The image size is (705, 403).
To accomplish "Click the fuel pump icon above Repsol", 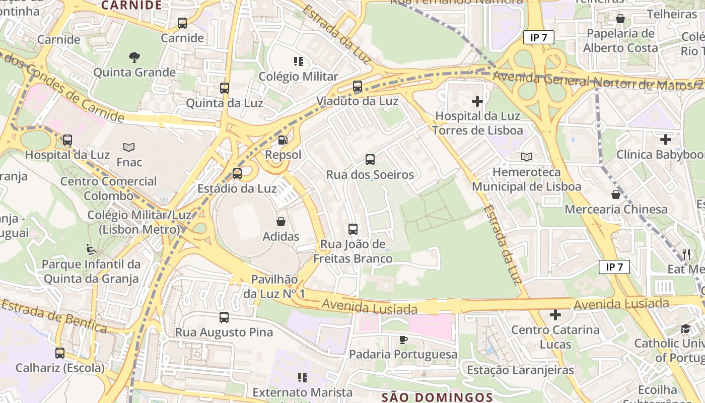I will point(283,140).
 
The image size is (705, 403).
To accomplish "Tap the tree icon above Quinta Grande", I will point(134,57).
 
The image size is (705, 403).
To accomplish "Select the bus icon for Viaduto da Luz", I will point(358,86).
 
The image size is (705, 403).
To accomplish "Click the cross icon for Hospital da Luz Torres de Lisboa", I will point(477,101).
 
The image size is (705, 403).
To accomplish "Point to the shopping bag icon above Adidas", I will point(281,222).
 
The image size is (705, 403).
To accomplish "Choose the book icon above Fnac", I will point(129,147).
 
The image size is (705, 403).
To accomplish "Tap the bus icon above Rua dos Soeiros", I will point(370,160).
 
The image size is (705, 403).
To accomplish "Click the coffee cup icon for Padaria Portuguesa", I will point(403,340).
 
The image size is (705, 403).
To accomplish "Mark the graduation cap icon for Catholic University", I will point(685,329).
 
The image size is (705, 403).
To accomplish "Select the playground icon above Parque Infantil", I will point(91,249).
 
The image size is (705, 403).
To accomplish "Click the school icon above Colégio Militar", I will point(299,61).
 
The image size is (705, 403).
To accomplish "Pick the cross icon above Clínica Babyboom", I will point(666,139).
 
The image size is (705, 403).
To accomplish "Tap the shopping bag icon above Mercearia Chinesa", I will point(615,194).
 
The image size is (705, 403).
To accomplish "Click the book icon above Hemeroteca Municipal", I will point(527,157).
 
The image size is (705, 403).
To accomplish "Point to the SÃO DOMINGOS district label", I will point(437,397).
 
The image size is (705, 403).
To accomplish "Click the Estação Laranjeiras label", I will point(520,370).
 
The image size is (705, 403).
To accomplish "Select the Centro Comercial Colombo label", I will point(108,188).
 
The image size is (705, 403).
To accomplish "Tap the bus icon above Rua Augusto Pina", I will point(224,317).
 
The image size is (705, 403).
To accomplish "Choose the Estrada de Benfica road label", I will point(53,316).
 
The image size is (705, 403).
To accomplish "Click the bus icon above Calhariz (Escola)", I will point(60,353).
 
